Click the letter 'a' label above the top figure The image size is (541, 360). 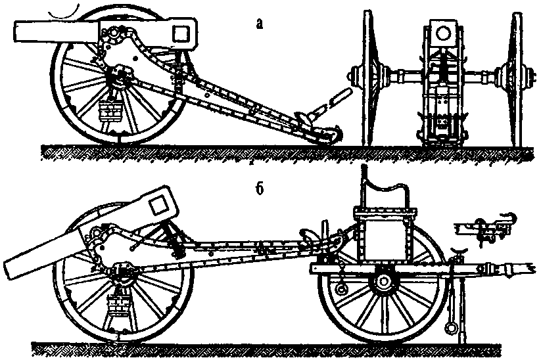[x=260, y=24]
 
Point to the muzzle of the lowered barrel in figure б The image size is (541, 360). [x=13, y=267]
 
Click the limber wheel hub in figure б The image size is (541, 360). [x=380, y=284]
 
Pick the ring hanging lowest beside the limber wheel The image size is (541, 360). [x=451, y=326]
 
